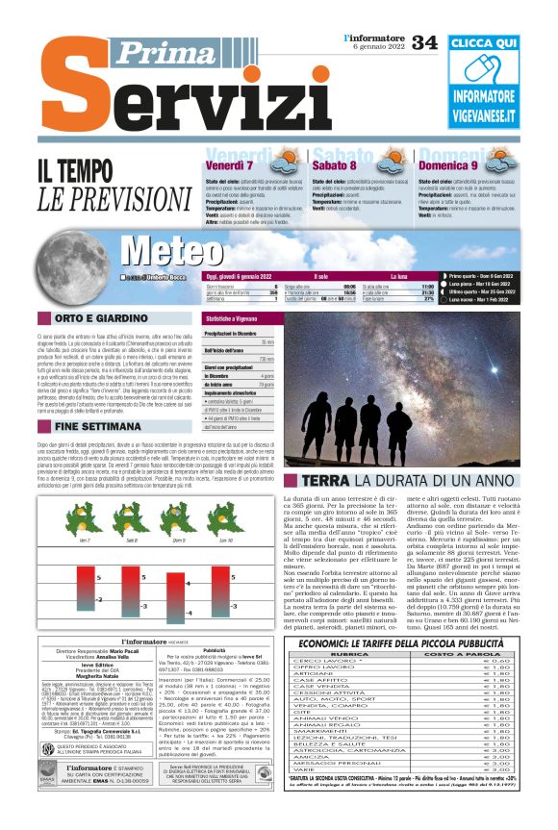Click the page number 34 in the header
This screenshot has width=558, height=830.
(x=424, y=42)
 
